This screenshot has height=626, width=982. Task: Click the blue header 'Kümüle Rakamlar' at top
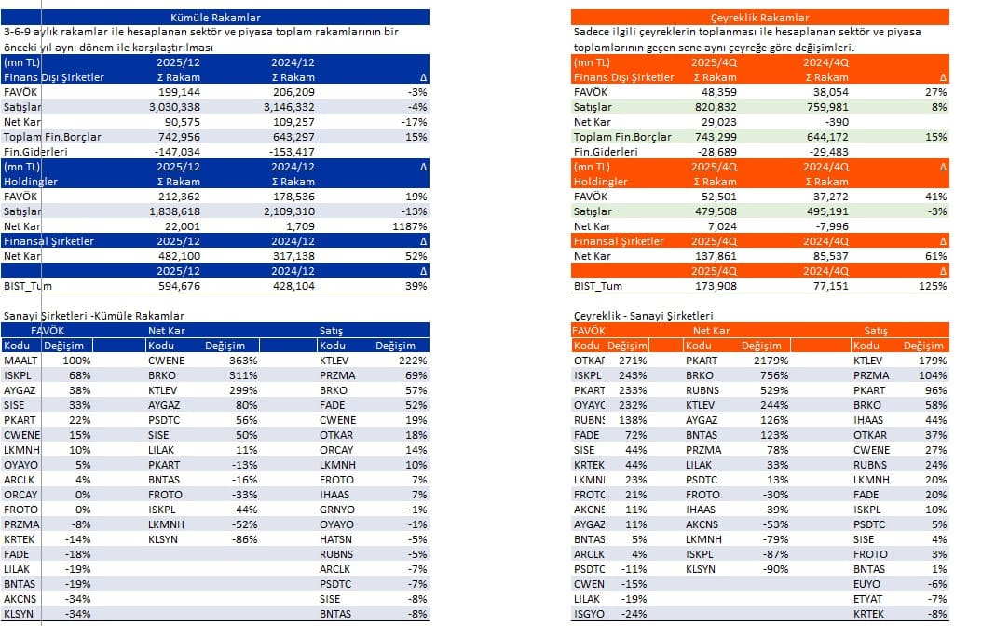click(x=216, y=18)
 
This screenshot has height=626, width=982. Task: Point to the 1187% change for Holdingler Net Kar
click(x=410, y=226)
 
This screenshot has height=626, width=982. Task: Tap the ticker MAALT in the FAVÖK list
click(x=20, y=361)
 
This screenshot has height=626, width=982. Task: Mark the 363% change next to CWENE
click(x=242, y=361)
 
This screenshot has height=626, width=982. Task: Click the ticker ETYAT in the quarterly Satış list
click(x=868, y=599)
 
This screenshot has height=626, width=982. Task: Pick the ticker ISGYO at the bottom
click(x=589, y=614)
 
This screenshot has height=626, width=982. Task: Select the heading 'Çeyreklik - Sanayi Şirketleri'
click(x=643, y=317)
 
